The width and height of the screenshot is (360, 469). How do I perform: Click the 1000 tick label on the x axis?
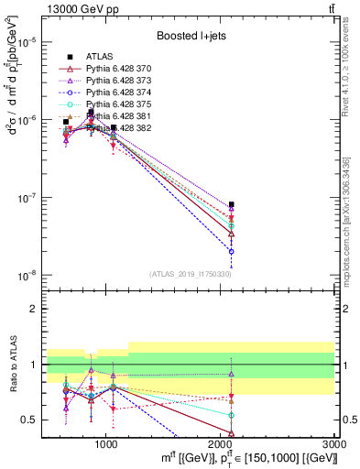(x=106, y=443)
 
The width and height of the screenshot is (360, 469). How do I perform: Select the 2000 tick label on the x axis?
(x=221, y=443)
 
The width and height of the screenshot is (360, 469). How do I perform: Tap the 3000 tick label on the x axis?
(x=334, y=443)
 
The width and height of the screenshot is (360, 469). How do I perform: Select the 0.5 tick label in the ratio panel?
(x=28, y=420)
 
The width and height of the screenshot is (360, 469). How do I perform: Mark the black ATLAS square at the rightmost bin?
(x=232, y=204)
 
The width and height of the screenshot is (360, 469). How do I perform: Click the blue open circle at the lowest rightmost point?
(x=232, y=251)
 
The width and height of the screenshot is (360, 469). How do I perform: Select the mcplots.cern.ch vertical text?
(x=353, y=229)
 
